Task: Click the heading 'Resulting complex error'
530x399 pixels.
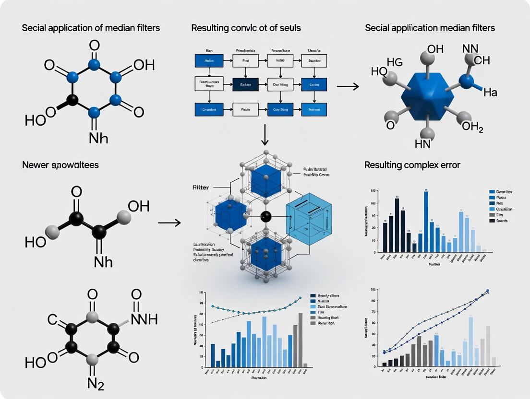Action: coord(412,165)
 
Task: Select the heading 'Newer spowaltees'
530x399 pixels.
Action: coord(60,165)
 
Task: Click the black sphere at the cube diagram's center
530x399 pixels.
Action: coord(265,216)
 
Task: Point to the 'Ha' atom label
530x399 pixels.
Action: coord(490,93)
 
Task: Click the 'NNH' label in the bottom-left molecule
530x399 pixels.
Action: coord(144,319)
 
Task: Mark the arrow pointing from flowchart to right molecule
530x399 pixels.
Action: coord(348,86)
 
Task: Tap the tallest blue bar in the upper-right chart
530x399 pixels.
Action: coord(426,222)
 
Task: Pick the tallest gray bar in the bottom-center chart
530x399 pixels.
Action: coord(301,340)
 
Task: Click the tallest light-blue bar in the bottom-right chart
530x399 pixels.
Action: coord(471,341)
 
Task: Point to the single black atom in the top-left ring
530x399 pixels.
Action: coord(72,100)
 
